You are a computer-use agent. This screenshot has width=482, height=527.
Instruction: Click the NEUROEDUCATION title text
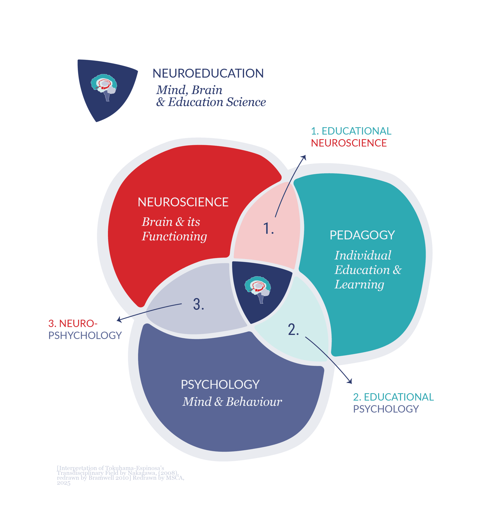(208, 73)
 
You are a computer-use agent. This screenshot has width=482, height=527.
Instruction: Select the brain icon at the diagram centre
(257, 289)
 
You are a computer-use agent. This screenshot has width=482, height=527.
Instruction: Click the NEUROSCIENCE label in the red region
(183, 202)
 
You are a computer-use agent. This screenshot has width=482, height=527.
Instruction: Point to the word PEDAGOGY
(362, 235)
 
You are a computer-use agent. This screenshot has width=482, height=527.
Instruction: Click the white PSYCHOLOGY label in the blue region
(220, 384)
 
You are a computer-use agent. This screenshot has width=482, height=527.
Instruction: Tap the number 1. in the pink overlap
(268, 228)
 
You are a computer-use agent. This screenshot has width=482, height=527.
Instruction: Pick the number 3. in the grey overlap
(198, 304)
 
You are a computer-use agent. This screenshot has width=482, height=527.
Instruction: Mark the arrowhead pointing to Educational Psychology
(350, 381)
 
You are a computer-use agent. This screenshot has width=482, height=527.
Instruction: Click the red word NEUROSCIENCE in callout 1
(349, 143)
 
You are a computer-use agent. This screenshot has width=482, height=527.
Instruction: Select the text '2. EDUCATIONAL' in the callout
(393, 397)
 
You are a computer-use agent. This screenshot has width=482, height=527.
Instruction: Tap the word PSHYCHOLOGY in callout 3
(85, 335)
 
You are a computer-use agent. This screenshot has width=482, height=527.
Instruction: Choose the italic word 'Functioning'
(174, 236)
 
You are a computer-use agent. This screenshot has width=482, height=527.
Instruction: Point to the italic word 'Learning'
(359, 284)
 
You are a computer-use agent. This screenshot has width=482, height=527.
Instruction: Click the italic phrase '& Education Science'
(211, 102)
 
